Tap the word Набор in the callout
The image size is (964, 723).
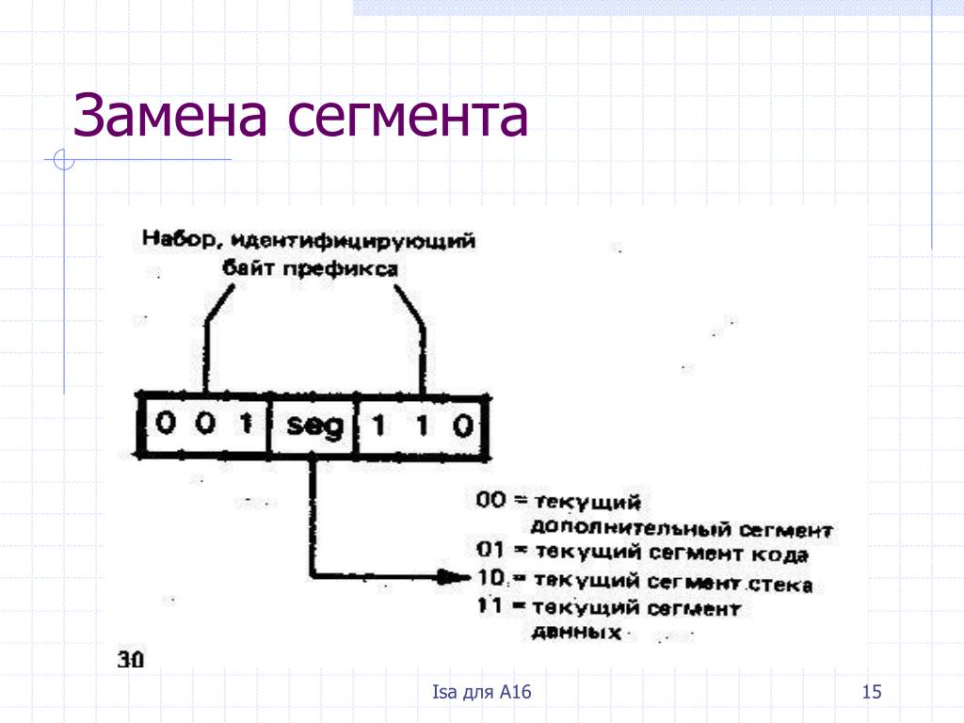coord(169,239)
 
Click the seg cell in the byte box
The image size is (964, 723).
coord(313,426)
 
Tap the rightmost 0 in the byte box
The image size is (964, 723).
coord(462,426)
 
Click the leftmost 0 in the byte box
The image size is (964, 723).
coord(166,425)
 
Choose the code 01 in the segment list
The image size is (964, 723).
coord(490,551)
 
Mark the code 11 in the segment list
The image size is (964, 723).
coord(489,607)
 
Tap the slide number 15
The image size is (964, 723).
coord(871,694)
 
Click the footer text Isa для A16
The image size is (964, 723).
coord(482,694)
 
